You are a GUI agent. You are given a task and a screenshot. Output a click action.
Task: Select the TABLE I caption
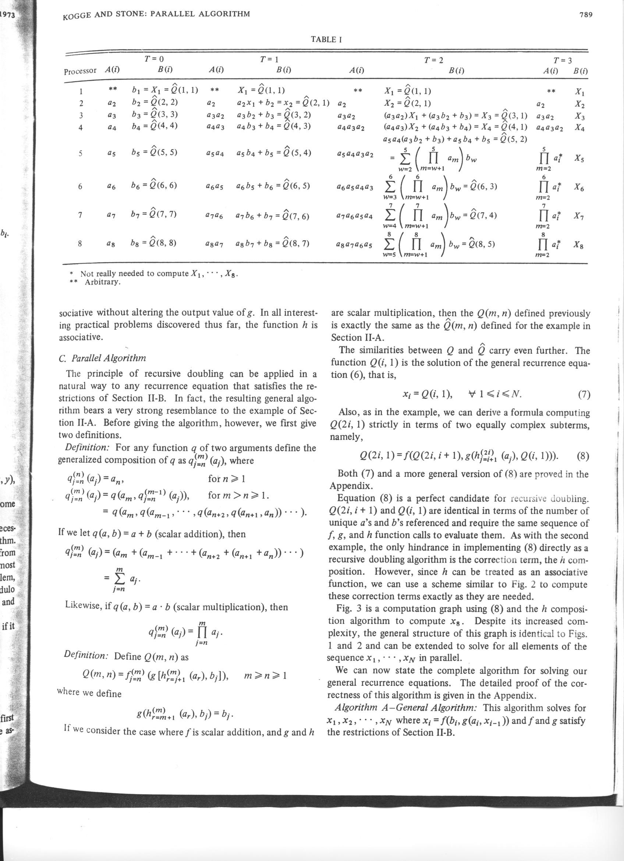(x=327, y=39)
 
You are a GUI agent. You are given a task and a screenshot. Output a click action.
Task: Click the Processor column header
(x=80, y=71)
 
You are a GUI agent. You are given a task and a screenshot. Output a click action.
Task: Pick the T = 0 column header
(x=155, y=59)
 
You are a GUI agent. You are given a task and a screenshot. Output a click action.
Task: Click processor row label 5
(x=80, y=154)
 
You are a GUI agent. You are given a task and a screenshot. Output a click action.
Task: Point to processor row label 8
(x=80, y=244)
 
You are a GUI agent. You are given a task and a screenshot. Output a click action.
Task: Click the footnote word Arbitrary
(x=103, y=282)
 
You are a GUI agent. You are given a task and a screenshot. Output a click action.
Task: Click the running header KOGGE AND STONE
(x=105, y=15)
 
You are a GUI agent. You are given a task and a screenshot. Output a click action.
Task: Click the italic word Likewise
(x=81, y=607)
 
